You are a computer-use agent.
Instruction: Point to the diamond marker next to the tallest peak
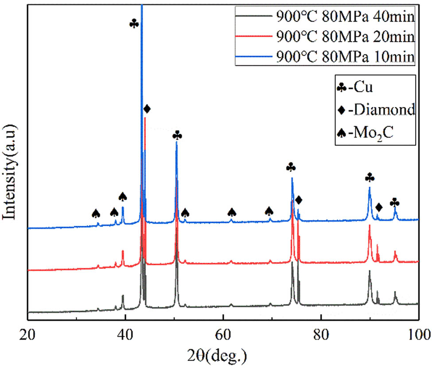tap(147, 108)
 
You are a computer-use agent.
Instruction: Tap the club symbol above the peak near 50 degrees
tap(177, 135)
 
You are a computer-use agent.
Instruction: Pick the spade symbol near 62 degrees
tap(231, 213)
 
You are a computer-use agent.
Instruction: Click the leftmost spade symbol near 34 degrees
tap(96, 213)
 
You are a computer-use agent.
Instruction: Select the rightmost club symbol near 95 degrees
tap(395, 203)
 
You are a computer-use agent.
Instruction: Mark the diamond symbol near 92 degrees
tap(378, 207)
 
